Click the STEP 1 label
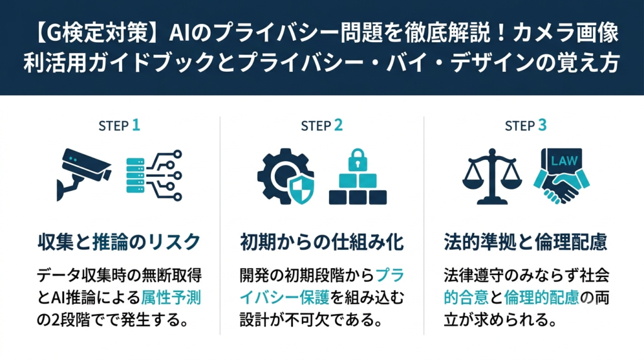click(x=119, y=125)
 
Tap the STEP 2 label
click(x=321, y=125)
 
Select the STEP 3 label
click(x=526, y=125)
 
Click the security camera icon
click(x=84, y=174)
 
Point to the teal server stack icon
click(x=135, y=176)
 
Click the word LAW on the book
click(x=564, y=160)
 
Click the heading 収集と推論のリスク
click(x=119, y=242)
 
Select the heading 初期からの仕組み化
click(x=322, y=242)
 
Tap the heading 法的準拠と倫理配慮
click(x=525, y=242)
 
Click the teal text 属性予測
click(x=171, y=298)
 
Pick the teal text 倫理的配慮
click(x=541, y=298)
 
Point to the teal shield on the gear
click(x=301, y=190)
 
